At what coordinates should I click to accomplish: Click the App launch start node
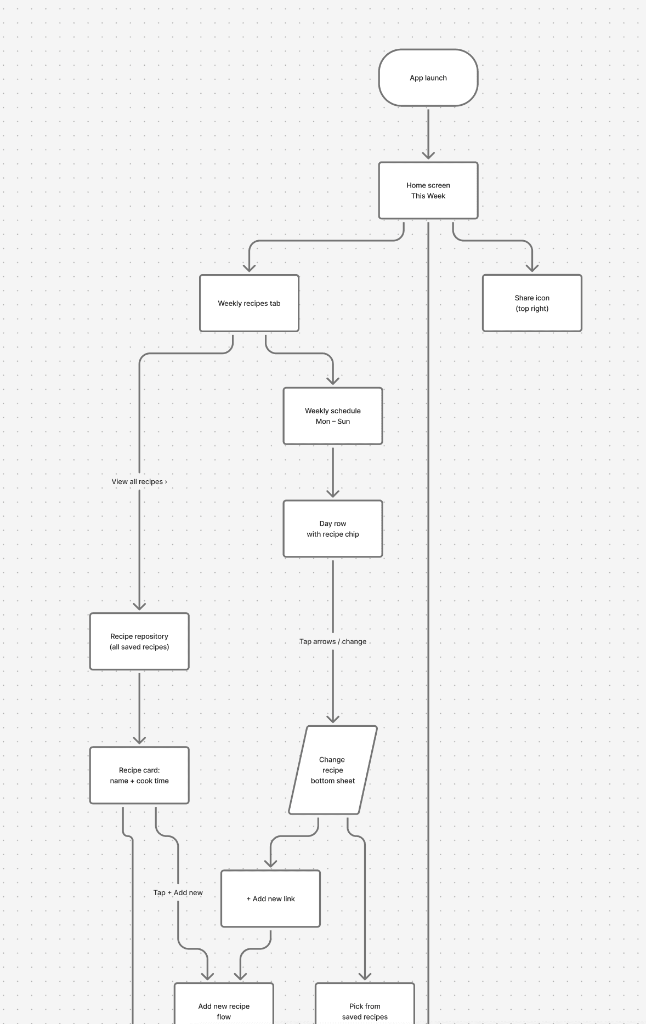[x=428, y=78]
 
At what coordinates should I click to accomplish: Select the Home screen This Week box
[x=428, y=190]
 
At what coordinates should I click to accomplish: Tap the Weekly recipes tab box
[x=249, y=303]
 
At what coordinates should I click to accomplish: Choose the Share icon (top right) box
[x=532, y=303]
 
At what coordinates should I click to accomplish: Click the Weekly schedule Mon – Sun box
[x=333, y=416]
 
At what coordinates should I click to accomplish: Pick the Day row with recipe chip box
[x=333, y=529]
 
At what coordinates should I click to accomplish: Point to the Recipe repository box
[x=139, y=641]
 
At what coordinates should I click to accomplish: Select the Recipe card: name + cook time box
[x=139, y=775]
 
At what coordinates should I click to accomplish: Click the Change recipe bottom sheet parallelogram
[x=333, y=770]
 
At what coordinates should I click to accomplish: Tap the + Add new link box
[x=270, y=898]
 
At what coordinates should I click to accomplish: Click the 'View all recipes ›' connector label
[x=139, y=482]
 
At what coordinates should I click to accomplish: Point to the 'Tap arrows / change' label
[x=333, y=641]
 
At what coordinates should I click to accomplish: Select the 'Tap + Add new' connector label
[x=178, y=892]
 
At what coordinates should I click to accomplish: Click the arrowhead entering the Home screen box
[x=428, y=156]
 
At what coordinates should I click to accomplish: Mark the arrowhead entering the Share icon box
[x=532, y=268]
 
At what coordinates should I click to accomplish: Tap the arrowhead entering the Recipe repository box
[x=139, y=606]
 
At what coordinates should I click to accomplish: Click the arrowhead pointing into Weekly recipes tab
[x=250, y=268]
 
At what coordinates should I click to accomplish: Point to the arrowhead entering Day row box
[x=333, y=493]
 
